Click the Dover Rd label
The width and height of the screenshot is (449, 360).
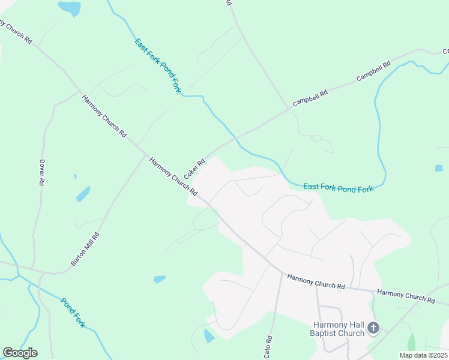[41, 173]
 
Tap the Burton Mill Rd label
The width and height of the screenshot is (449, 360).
[85, 246]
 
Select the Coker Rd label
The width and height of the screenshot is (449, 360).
[194, 169]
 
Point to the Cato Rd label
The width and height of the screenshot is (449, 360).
[268, 347]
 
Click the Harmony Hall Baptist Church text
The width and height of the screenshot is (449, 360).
[338, 329]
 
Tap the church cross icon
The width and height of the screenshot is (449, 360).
[373, 328]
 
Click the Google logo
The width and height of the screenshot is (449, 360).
[20, 353]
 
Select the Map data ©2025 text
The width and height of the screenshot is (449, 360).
[424, 355]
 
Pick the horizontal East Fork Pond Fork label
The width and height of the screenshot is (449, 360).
[338, 188]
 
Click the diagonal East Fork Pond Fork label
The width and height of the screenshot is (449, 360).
[158, 65]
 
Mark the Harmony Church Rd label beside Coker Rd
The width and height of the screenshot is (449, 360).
[173, 176]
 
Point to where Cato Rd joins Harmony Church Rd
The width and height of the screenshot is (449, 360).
[282, 274]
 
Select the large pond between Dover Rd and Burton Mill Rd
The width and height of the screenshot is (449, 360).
[83, 194]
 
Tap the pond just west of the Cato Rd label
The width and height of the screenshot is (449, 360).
[209, 336]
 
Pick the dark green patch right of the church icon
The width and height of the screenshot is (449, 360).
[411, 343]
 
